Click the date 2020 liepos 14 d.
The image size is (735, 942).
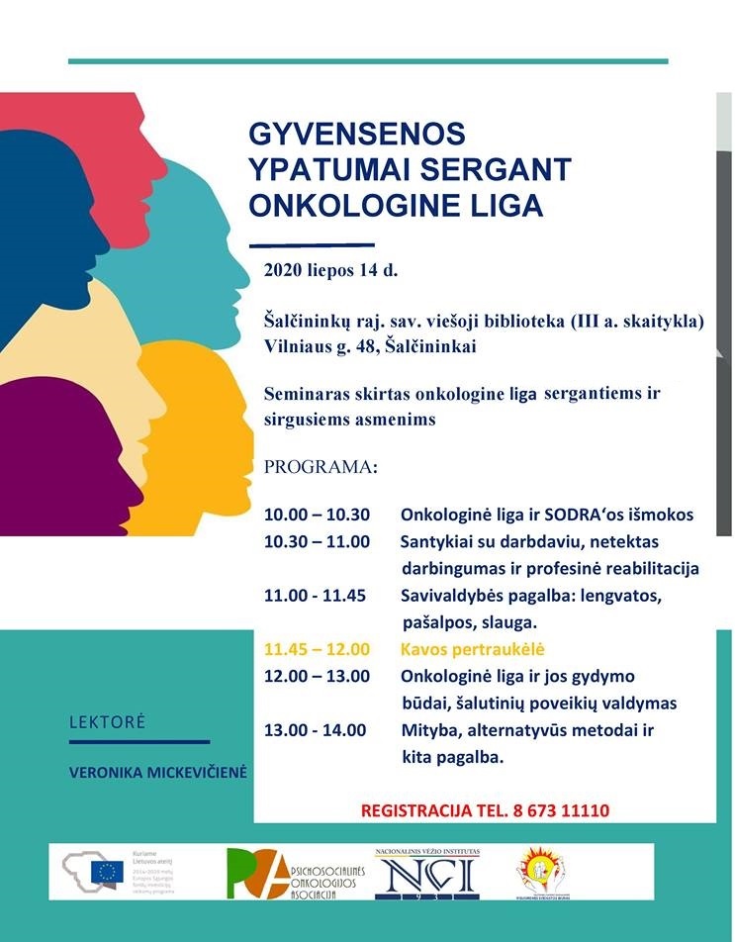click(330, 269)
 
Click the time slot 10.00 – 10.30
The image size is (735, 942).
click(317, 515)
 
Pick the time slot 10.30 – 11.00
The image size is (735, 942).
click(317, 541)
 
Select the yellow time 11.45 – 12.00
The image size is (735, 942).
click(317, 650)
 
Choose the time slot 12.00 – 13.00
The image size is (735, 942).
click(317, 677)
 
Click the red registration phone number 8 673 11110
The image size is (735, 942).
click(561, 810)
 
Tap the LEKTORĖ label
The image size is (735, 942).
click(107, 722)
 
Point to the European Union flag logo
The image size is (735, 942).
click(106, 870)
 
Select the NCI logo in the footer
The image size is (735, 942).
click(425, 873)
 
